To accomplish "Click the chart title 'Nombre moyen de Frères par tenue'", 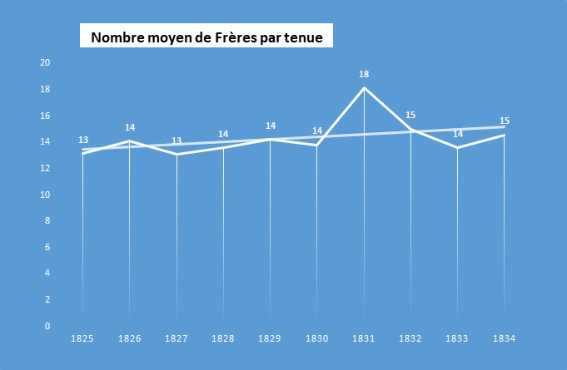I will pyautogui.click(x=211, y=37).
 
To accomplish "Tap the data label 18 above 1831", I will pyautogui.click(x=364, y=74).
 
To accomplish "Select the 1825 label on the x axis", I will pyautogui.click(x=82, y=339).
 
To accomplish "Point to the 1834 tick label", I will pyautogui.click(x=505, y=339).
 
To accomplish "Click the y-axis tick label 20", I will pyautogui.click(x=46, y=63).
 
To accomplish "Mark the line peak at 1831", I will pyautogui.click(x=364, y=88).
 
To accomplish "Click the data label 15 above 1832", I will pyautogui.click(x=410, y=115).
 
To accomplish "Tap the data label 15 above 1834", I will pyautogui.click(x=505, y=121).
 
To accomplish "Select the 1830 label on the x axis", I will pyautogui.click(x=317, y=339).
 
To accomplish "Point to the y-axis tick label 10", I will pyautogui.click(x=46, y=195).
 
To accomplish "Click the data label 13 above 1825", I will pyautogui.click(x=83, y=140).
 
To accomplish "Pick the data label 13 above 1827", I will pyautogui.click(x=177, y=141).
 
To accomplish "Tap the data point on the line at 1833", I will pyautogui.click(x=458, y=148).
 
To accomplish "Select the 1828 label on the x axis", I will pyautogui.click(x=223, y=339).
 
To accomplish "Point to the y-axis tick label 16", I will pyautogui.click(x=46, y=116).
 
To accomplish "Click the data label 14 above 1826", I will pyautogui.click(x=130, y=127).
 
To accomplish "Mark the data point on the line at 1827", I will pyautogui.click(x=177, y=154).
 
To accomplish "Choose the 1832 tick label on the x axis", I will pyautogui.click(x=410, y=339).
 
